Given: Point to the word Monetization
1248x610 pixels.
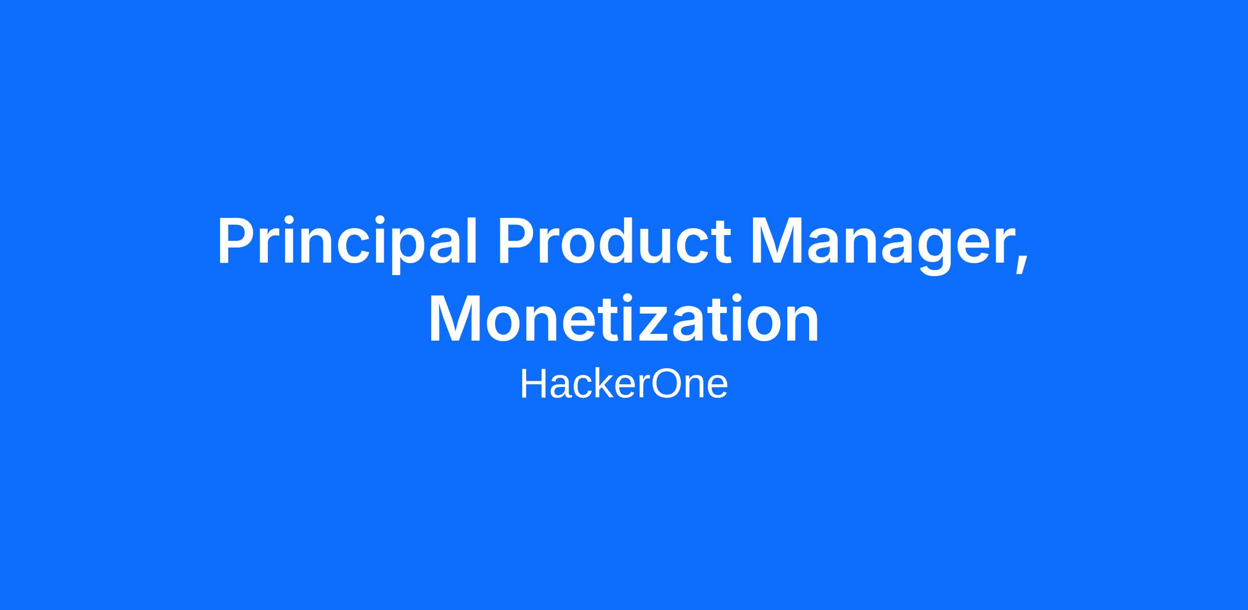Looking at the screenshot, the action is (623, 318).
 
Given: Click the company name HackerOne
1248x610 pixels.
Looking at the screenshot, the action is (624, 384).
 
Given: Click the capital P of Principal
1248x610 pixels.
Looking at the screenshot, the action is (240, 240).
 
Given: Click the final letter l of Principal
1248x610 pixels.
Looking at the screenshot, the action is (471, 240).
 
